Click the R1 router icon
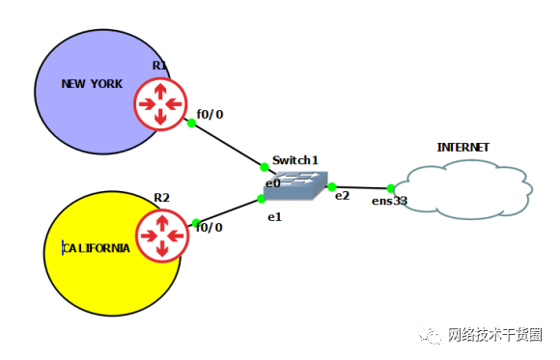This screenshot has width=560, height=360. click(x=160, y=102)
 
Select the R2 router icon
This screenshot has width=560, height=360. click(x=161, y=235)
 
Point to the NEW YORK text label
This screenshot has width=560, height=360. click(x=92, y=84)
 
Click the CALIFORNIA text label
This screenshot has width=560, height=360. click(x=96, y=248)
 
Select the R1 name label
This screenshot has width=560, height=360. click(x=159, y=66)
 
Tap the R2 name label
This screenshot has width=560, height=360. click(x=161, y=198)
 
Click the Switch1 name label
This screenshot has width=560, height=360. click(x=294, y=159)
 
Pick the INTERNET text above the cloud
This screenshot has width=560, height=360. click(x=462, y=148)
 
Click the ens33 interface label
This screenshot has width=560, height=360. click(x=390, y=202)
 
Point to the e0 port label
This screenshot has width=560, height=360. click(x=272, y=182)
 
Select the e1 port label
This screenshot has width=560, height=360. click(x=274, y=217)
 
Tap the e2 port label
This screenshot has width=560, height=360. click(x=342, y=196)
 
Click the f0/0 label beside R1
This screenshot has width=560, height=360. click(x=210, y=114)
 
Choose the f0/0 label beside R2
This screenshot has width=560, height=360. click(x=210, y=227)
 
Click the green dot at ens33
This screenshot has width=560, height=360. click(x=390, y=188)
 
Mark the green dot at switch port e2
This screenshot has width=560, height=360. click(x=331, y=186)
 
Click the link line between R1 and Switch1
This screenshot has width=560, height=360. click(x=228, y=145)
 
